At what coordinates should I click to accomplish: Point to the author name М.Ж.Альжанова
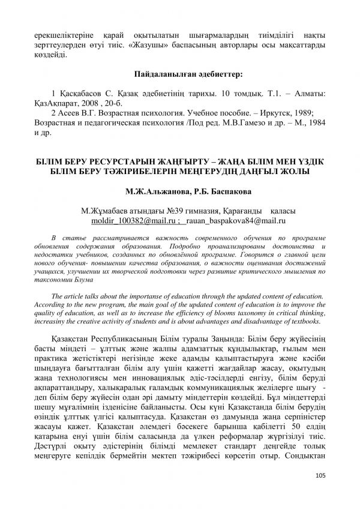coord(155,193)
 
